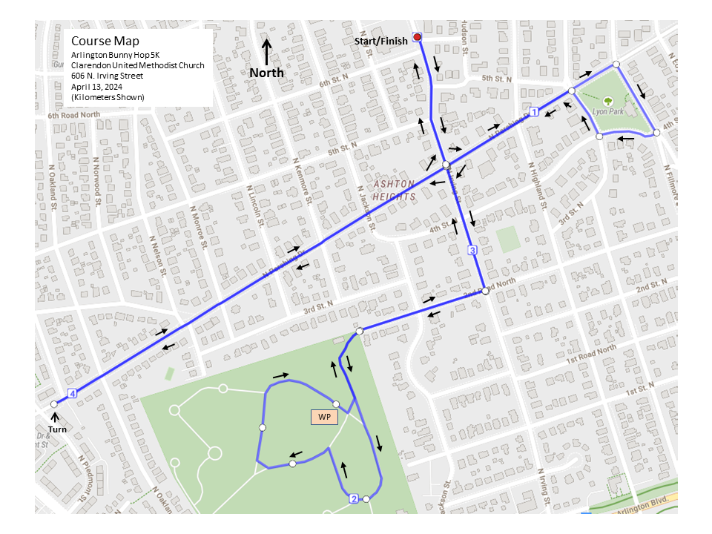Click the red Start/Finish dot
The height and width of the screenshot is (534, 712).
417,37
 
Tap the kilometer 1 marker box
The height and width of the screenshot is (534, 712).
534,111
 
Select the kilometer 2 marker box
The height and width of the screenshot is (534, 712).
354,499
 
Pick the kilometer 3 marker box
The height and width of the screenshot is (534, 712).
472,251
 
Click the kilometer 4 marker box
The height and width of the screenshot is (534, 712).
72,393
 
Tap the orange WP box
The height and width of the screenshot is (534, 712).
324,417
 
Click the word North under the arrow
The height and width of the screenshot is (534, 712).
266,73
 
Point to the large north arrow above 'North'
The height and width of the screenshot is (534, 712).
267,52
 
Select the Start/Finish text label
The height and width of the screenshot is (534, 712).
380,42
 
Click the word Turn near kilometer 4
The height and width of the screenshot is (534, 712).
58,430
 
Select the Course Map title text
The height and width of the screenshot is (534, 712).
105,42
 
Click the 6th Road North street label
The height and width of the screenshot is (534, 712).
73,116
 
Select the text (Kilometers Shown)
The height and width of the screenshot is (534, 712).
108,97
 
